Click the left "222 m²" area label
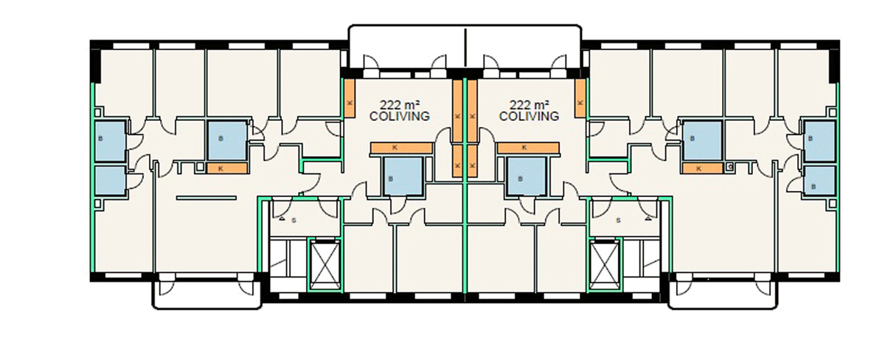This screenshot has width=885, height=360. (399, 105)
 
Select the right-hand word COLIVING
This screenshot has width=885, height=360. (529, 116)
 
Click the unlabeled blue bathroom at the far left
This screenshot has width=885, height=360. (110, 181)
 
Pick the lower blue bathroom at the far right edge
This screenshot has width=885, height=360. (820, 181)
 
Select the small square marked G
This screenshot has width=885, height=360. (729, 167)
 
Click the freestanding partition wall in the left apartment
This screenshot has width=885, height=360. (206, 198)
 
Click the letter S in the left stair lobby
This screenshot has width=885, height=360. (294, 221)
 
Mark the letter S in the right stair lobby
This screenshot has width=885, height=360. (618, 221)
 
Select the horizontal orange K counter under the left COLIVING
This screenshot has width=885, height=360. (401, 148)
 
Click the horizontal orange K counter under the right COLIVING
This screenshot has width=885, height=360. (528, 148)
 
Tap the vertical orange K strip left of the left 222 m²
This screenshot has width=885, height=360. (350, 98)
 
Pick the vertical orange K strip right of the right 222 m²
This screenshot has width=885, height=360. (580, 98)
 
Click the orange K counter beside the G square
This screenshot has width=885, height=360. (702, 168)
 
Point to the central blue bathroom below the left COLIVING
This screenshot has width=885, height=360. (403, 176)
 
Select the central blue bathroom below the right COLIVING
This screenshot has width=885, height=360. (527, 176)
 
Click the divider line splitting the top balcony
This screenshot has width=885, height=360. (465, 47)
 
